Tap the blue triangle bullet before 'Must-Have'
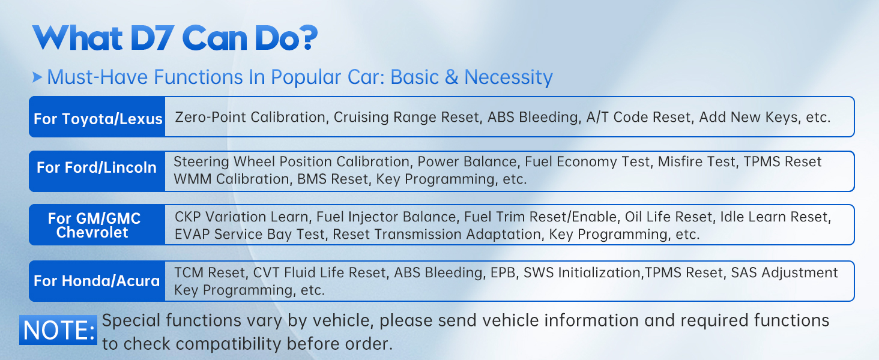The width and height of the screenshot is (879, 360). tap(37, 77)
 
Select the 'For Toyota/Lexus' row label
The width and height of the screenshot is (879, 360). tap(97, 118)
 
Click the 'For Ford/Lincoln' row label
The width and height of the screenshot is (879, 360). tap(97, 167)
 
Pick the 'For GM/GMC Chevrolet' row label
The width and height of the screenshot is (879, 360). tap(94, 225)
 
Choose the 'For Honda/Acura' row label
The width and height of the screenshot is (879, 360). tap(97, 281)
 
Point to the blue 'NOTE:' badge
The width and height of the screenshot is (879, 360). tap(58, 330)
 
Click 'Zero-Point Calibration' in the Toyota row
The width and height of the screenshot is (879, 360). tap(250, 117)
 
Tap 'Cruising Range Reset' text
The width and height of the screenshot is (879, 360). tap(406, 117)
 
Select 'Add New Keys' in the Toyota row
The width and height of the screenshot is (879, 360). tap(749, 117)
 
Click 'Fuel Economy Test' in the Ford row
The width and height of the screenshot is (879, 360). tap(587, 161)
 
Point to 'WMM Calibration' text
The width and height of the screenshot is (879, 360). tap(232, 179)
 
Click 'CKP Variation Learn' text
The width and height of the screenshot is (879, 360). tap(241, 217)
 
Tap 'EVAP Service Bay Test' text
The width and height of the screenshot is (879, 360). tap(250, 235)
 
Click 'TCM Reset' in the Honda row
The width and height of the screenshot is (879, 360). tap(210, 272)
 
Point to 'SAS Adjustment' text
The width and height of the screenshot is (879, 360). tap(784, 272)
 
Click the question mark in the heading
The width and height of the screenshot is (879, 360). tap(310, 38)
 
